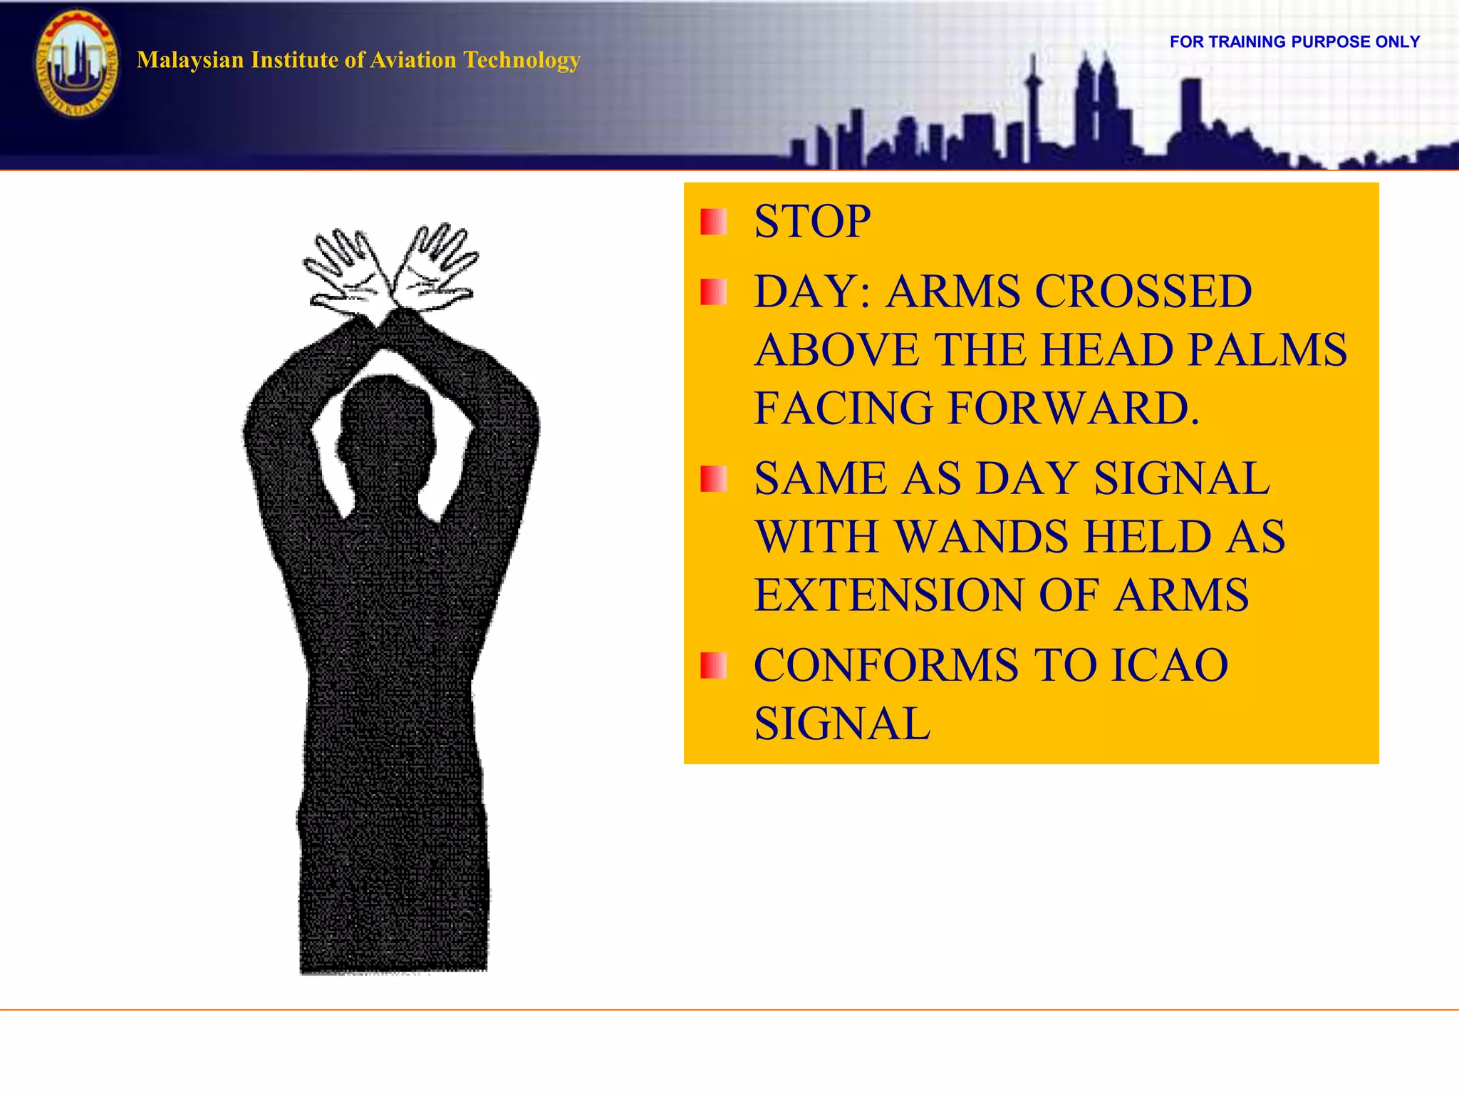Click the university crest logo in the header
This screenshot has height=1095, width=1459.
coord(77,64)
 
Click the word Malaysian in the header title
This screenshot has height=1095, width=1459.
coord(190,60)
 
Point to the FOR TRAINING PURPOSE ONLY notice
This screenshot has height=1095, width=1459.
coord(1294,42)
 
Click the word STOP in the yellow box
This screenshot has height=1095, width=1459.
coord(812,221)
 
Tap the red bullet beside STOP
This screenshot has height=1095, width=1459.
coord(713,222)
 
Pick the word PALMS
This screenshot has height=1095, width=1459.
coord(1268,350)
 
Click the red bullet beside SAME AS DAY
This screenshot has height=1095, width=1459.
coord(713,479)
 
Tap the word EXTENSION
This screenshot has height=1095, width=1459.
coord(890,595)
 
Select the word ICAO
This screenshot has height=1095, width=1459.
coord(1169,665)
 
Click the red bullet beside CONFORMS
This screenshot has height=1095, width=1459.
coord(713,666)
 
